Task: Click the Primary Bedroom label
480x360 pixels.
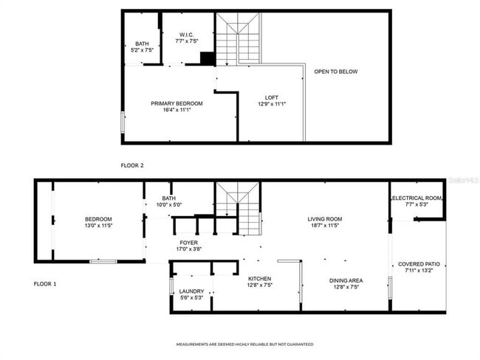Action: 176,103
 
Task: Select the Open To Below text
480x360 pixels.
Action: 335,72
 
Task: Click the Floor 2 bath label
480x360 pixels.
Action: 142,44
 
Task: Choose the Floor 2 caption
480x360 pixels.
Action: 132,165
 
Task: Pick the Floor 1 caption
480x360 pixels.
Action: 45,283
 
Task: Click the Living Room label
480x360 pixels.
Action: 324,218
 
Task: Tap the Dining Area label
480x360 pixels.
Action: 345,280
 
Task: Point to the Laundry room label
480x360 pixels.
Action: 191,291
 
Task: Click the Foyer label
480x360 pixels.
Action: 188,243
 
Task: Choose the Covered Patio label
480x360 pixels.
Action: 419,263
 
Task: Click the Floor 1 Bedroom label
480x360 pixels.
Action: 97,218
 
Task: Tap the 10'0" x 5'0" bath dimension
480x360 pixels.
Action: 169,205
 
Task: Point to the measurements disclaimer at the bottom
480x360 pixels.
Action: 244,345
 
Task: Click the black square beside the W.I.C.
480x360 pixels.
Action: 207,58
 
